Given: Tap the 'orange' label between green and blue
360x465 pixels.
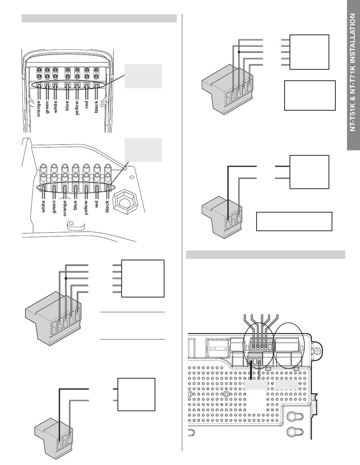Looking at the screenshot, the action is (65, 208).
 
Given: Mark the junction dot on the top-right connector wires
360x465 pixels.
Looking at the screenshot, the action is (239, 52).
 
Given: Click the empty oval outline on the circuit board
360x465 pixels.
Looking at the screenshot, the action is (289, 345).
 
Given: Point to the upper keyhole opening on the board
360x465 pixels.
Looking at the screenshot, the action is (293, 417).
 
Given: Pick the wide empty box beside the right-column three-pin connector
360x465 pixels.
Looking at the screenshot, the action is (294, 222).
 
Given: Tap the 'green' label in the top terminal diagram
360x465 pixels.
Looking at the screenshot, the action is (47, 106).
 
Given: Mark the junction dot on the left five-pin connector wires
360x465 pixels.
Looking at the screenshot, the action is (66, 279).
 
